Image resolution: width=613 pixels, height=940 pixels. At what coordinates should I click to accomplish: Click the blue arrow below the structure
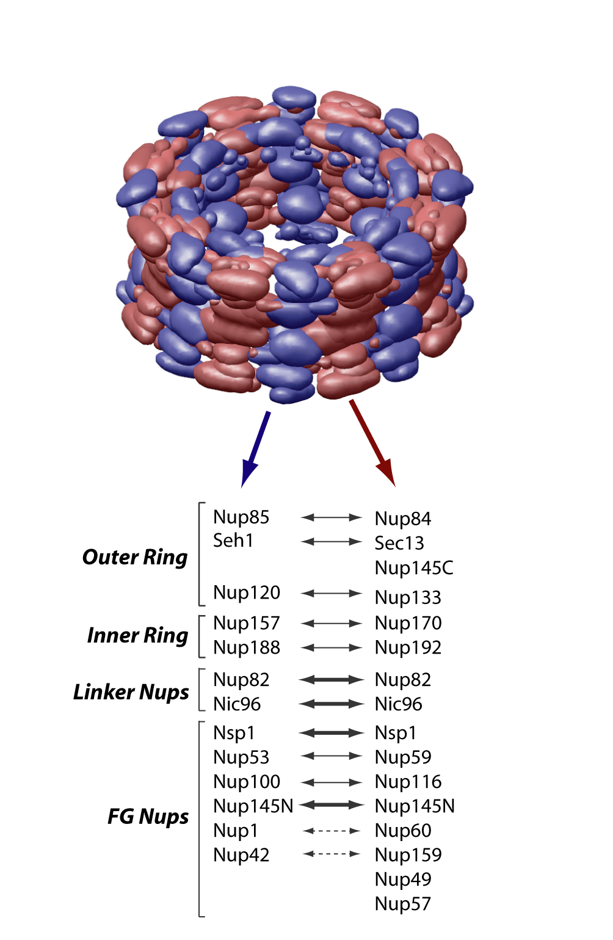pyautogui.click(x=255, y=450)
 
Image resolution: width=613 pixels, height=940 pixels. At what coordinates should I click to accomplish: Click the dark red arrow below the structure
pyautogui.click(x=372, y=443)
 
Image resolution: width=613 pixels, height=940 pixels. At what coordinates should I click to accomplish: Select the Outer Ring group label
pyautogui.click(x=135, y=557)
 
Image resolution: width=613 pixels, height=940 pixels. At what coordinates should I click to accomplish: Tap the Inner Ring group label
pyautogui.click(x=137, y=635)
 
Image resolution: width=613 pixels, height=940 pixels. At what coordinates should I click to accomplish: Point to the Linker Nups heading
pyautogui.click(x=131, y=692)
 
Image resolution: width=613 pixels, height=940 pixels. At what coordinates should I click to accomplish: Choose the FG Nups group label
pyautogui.click(x=148, y=817)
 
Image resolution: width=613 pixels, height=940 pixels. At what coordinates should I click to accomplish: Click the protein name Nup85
pyautogui.click(x=241, y=517)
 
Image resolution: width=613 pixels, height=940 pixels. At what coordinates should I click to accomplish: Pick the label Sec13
pyautogui.click(x=399, y=543)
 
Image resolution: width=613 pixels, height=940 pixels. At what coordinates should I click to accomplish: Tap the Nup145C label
pyautogui.click(x=414, y=568)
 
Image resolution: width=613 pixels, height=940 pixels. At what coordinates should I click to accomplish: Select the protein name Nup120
pyautogui.click(x=247, y=592)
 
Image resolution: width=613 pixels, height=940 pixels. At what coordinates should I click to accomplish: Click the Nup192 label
pyautogui.click(x=408, y=647)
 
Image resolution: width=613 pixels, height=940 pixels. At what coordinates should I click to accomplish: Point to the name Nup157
pyautogui.click(x=247, y=623)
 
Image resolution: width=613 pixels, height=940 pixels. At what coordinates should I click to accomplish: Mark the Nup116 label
pyautogui.click(x=408, y=782)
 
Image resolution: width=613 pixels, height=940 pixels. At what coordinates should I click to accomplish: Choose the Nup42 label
pyautogui.click(x=241, y=854)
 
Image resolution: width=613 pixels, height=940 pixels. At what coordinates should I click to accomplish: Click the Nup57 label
pyautogui.click(x=403, y=903)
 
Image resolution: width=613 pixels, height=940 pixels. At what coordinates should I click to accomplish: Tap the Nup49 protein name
pyautogui.click(x=403, y=879)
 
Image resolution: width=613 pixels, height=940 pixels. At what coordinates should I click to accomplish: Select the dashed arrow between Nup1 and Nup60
pyautogui.click(x=332, y=831)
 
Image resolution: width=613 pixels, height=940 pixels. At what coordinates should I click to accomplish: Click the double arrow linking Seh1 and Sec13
pyautogui.click(x=332, y=542)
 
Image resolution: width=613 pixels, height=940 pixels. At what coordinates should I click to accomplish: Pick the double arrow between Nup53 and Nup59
pyautogui.click(x=332, y=756)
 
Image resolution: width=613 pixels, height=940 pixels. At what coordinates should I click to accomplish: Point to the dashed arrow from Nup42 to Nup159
pyautogui.click(x=332, y=854)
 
